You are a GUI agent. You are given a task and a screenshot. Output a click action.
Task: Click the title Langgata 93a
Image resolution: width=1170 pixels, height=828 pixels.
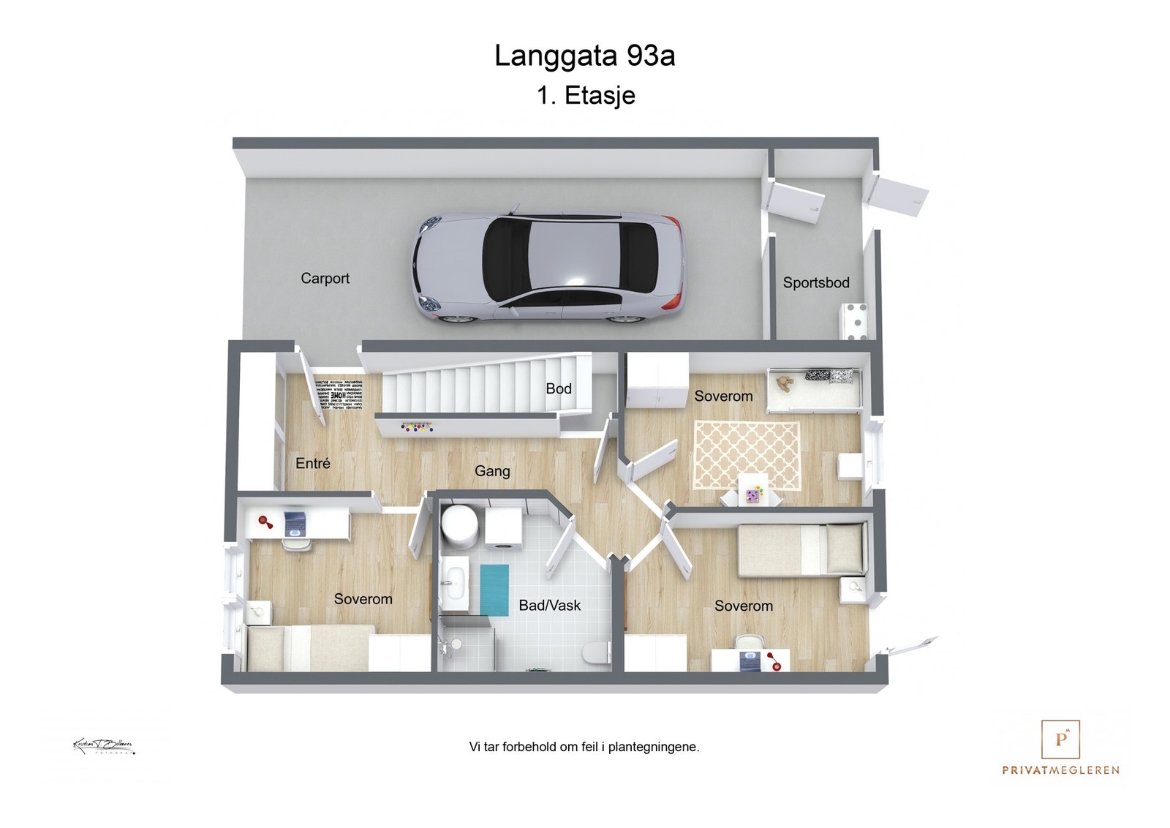click(584, 56)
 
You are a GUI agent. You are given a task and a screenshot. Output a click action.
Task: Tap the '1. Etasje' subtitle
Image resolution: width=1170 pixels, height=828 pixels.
click(586, 96)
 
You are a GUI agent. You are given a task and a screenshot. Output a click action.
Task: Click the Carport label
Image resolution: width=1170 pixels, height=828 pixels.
click(325, 279)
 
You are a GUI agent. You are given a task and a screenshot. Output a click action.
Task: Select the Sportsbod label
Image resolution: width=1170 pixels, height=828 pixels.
click(816, 283)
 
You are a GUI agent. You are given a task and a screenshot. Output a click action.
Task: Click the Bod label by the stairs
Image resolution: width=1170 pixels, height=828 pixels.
click(559, 389)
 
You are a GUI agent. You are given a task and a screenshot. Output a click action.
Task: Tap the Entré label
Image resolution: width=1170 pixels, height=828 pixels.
click(313, 464)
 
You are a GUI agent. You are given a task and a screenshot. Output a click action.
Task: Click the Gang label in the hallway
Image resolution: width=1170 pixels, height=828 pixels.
click(492, 472)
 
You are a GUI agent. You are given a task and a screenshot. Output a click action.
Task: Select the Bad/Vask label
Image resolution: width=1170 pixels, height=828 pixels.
click(549, 606)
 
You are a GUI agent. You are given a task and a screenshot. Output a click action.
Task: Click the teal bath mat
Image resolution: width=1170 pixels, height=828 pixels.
click(494, 590)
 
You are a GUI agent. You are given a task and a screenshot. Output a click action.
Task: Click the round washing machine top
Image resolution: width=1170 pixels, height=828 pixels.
click(459, 525)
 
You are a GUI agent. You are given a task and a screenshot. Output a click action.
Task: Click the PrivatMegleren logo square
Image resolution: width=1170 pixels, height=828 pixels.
click(1060, 739)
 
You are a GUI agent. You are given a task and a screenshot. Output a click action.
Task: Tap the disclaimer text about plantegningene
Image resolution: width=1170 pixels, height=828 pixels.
click(584, 748)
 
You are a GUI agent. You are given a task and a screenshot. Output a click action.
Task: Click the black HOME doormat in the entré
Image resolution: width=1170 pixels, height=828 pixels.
click(339, 395)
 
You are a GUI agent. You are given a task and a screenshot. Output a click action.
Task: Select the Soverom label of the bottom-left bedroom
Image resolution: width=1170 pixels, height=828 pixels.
click(363, 600)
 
